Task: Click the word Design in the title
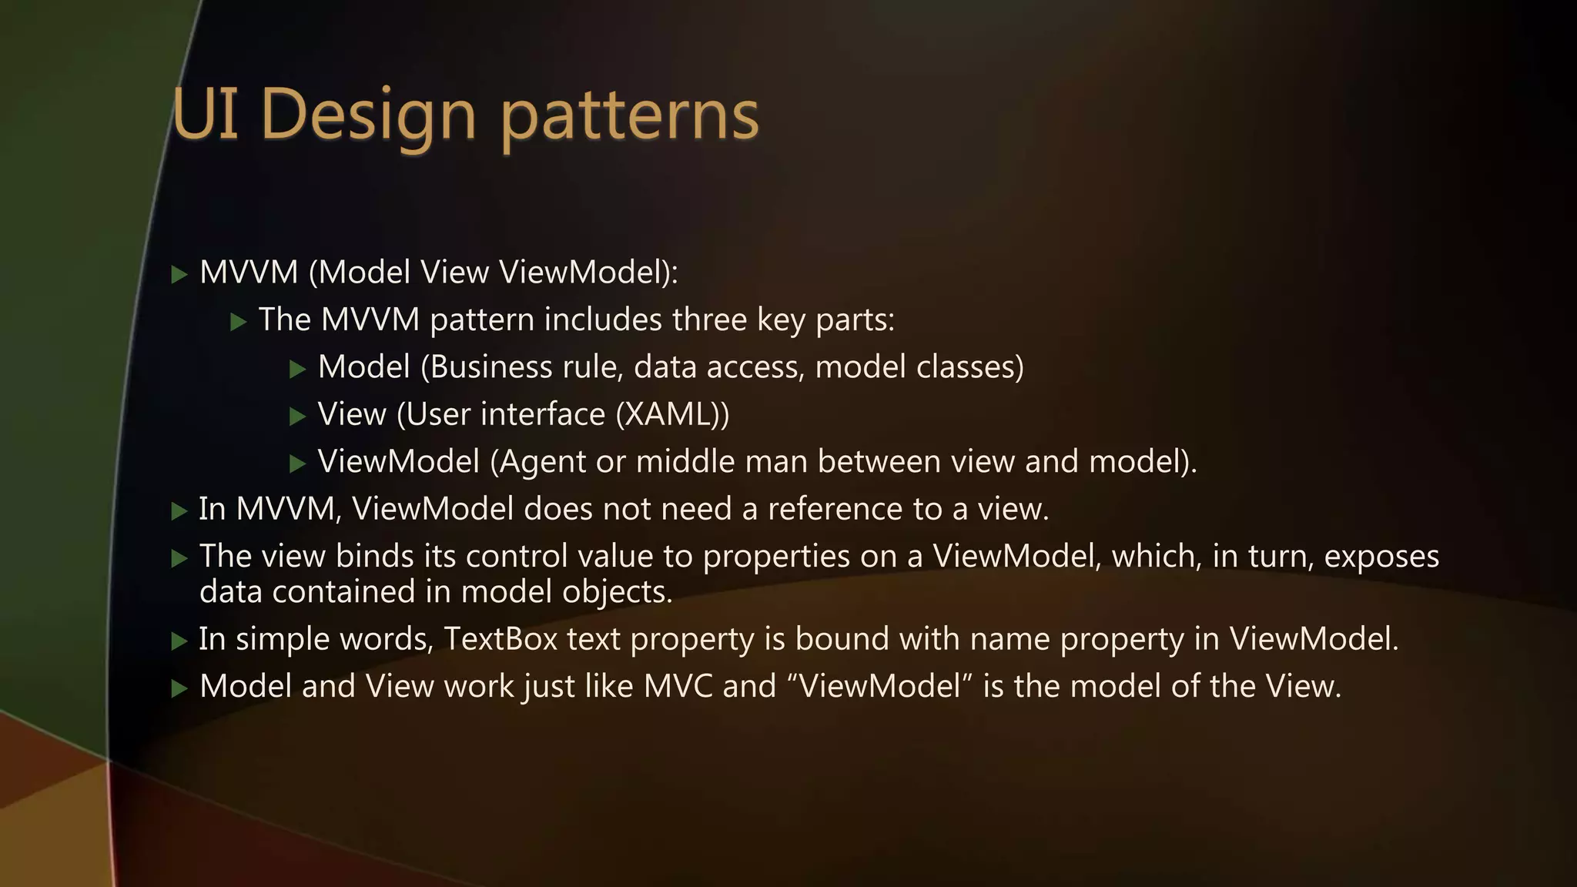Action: click(368, 115)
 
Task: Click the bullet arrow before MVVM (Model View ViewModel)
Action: click(179, 274)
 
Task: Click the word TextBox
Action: click(501, 639)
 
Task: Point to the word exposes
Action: click(1381, 556)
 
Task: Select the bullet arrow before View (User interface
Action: click(298, 417)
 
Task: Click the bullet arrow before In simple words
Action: click(179, 641)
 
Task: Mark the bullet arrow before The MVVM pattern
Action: click(239, 322)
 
